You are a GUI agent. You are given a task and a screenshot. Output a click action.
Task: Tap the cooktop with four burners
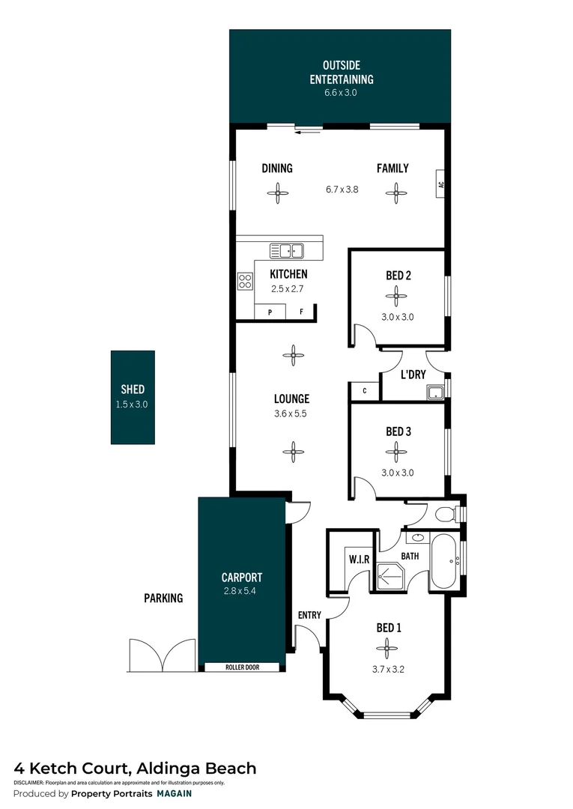(245, 282)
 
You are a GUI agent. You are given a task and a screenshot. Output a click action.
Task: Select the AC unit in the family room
(441, 184)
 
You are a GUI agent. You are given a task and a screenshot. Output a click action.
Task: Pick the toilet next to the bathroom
(449, 514)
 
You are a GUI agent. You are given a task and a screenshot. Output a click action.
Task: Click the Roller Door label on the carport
(242, 667)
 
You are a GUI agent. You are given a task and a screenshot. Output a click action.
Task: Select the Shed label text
(133, 390)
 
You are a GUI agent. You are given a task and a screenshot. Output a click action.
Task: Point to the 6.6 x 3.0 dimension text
(342, 93)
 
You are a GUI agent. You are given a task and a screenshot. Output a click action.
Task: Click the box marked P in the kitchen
(269, 312)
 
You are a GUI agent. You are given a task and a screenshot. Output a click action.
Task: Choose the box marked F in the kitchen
(301, 312)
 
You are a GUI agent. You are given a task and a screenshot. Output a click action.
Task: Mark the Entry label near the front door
(309, 615)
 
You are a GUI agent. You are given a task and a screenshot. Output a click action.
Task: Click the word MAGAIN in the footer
(174, 793)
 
